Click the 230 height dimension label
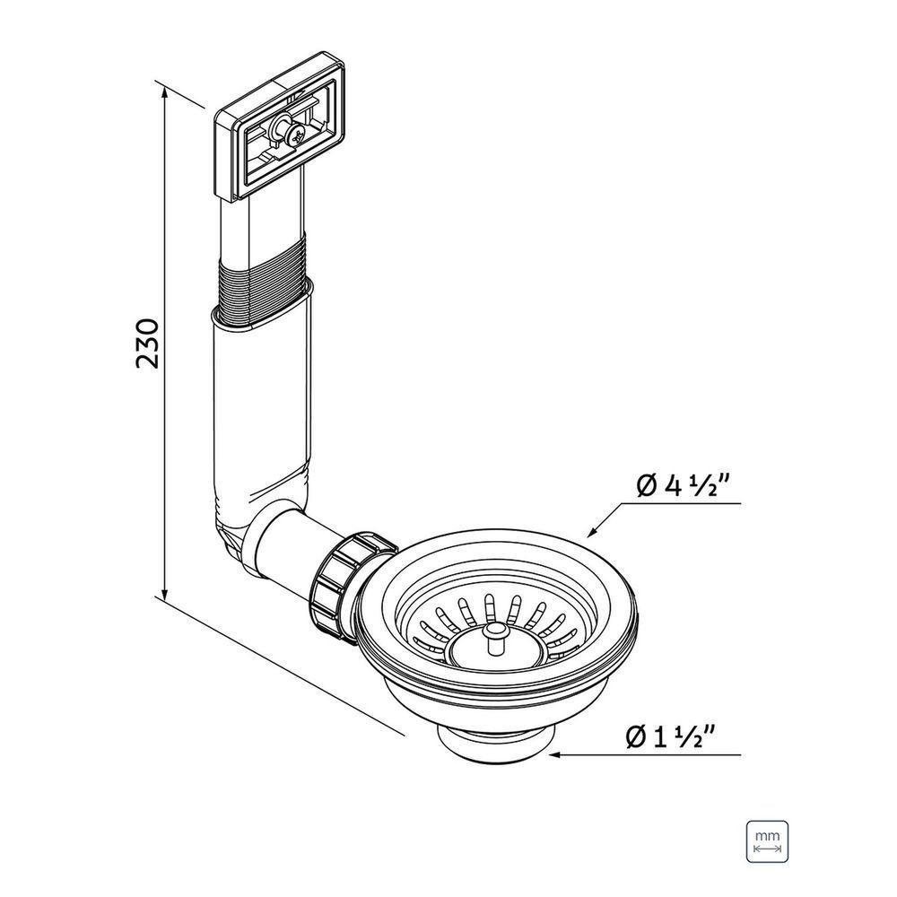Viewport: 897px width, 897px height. click(x=146, y=343)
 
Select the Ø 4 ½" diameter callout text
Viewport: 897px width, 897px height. click(x=682, y=487)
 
